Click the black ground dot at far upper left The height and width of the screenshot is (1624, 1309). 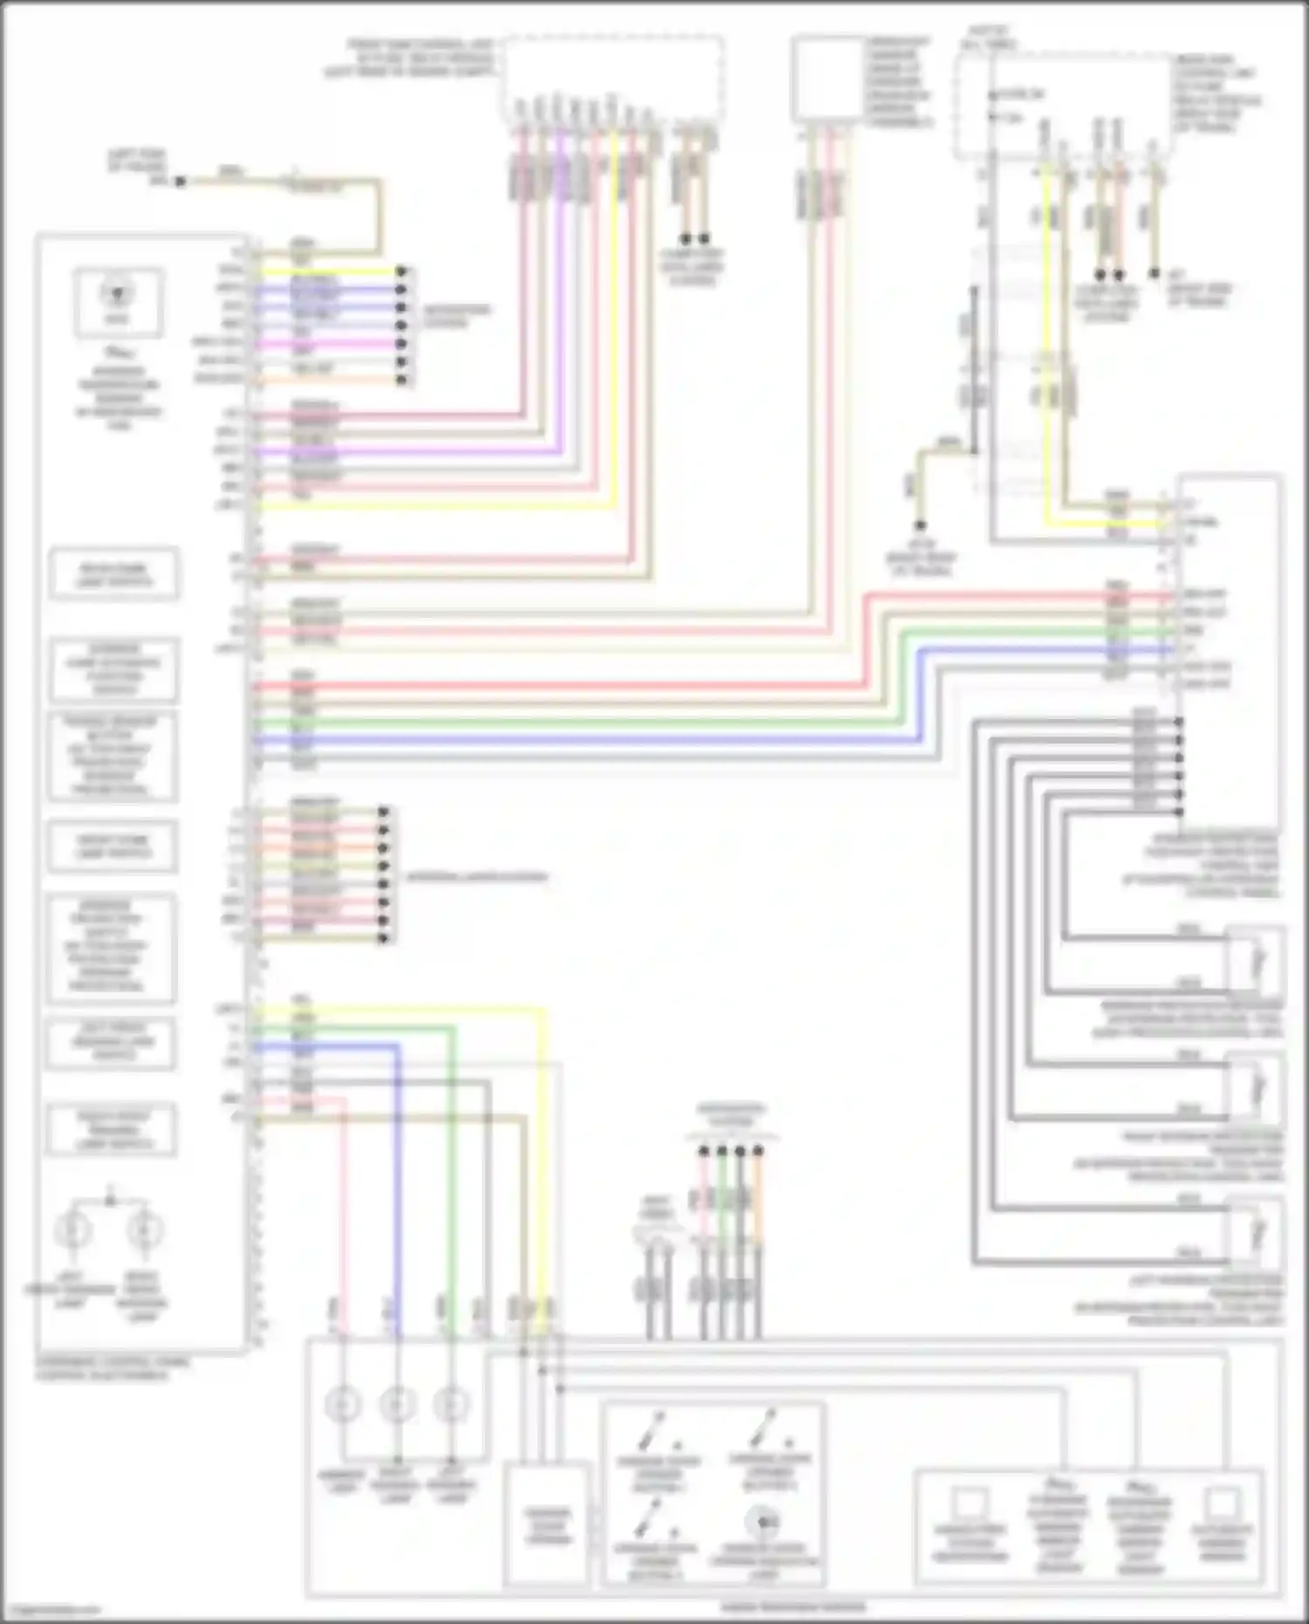179,182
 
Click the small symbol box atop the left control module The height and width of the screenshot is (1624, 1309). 118,302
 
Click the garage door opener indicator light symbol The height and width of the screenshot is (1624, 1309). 762,1524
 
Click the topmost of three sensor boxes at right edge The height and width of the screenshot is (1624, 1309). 1256,960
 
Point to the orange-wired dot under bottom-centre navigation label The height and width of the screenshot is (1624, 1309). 757,1152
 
